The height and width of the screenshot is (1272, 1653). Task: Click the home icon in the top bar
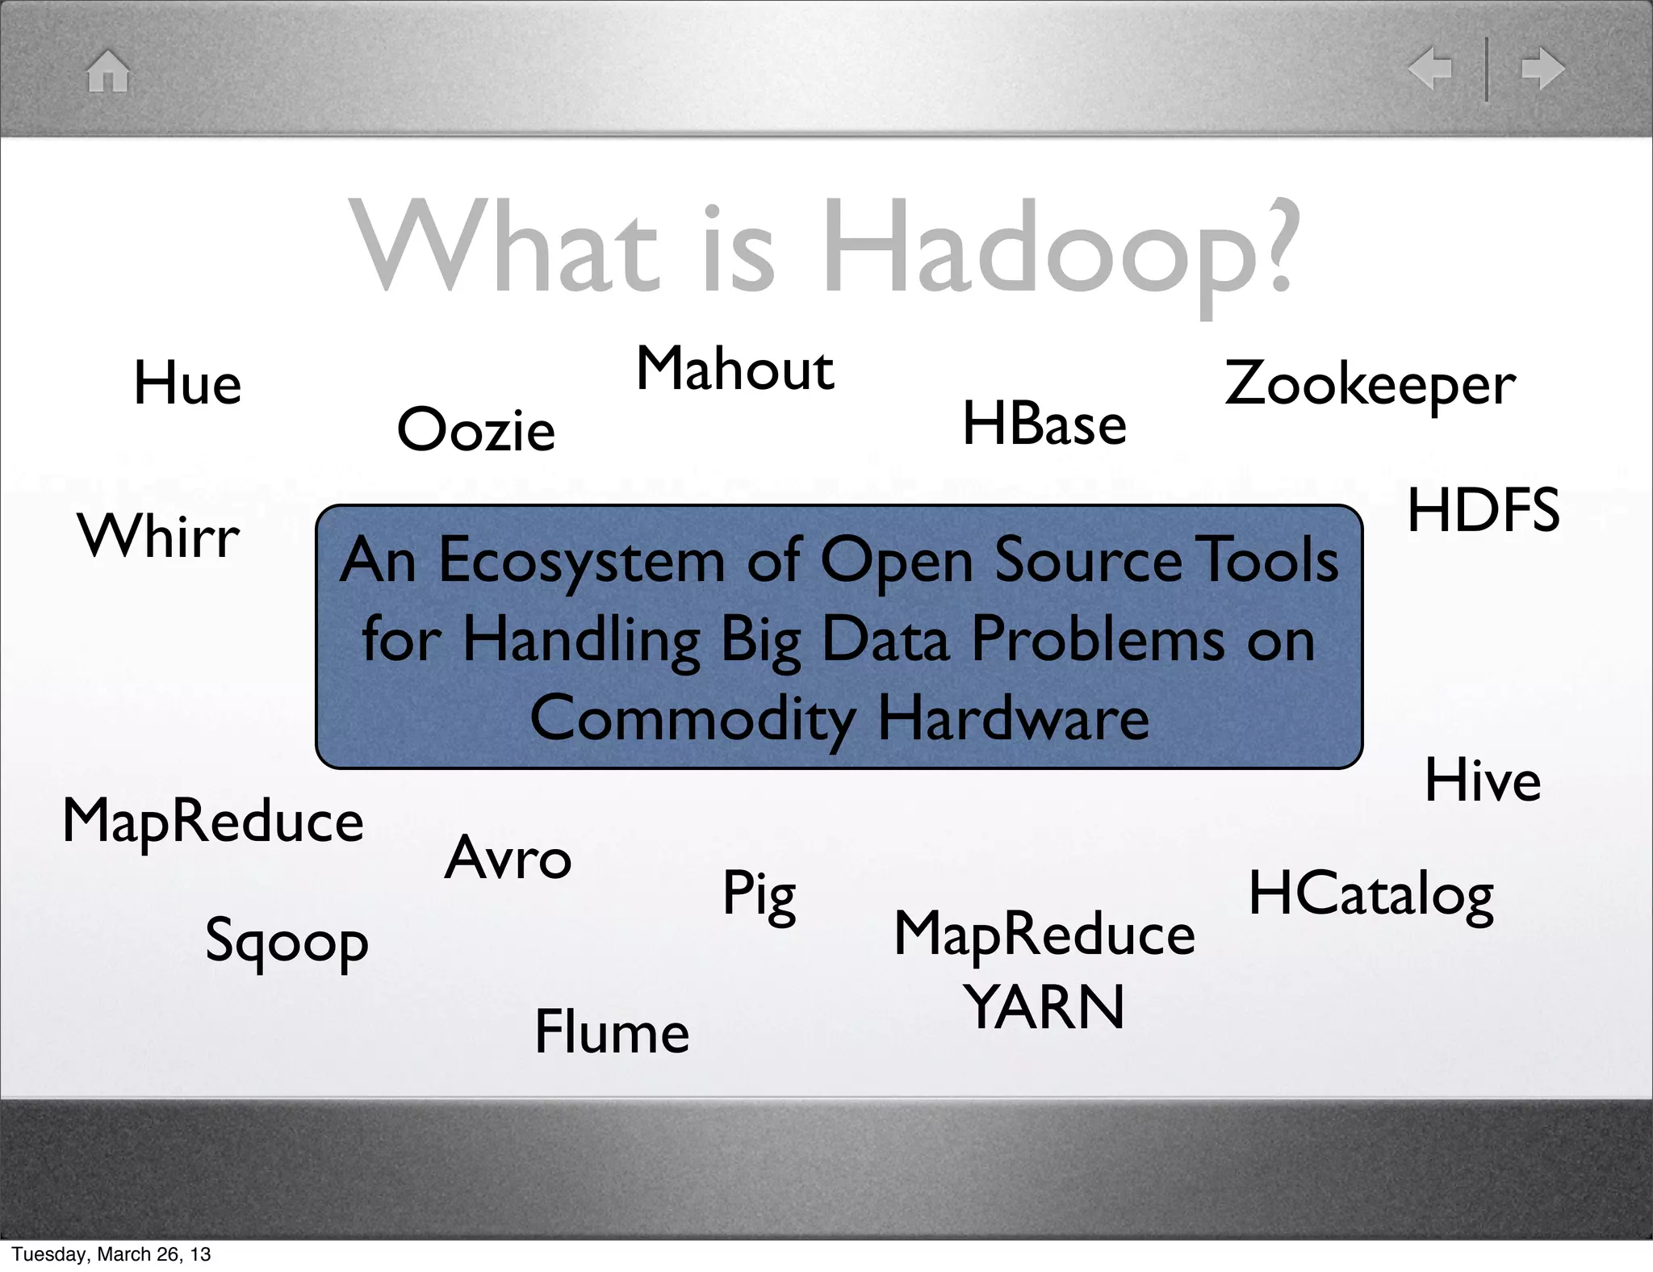[x=108, y=71]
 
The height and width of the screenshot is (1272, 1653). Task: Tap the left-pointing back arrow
[x=1429, y=69]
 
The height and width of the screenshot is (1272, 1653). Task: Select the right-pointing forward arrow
[x=1542, y=69]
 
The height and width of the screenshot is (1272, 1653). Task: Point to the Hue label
[x=187, y=383]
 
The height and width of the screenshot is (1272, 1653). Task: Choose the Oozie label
[x=476, y=429]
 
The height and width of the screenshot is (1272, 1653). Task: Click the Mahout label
[x=734, y=370]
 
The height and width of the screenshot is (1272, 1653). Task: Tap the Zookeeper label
[x=1370, y=385]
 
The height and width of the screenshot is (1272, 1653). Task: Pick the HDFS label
[x=1484, y=511]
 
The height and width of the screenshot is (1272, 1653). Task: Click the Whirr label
[x=159, y=537]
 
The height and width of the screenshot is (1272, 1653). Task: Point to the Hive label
[x=1483, y=781]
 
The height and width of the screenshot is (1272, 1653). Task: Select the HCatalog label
[x=1371, y=895]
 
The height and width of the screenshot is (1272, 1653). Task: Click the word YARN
[x=1044, y=1008]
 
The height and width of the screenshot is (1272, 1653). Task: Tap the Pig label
[x=759, y=895]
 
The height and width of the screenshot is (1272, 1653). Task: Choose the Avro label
[x=508, y=858]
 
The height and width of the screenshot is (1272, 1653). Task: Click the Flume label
[x=612, y=1032]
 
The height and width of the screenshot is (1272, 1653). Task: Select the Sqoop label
[x=287, y=942]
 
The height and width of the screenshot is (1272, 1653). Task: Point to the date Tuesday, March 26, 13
[x=111, y=1254]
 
